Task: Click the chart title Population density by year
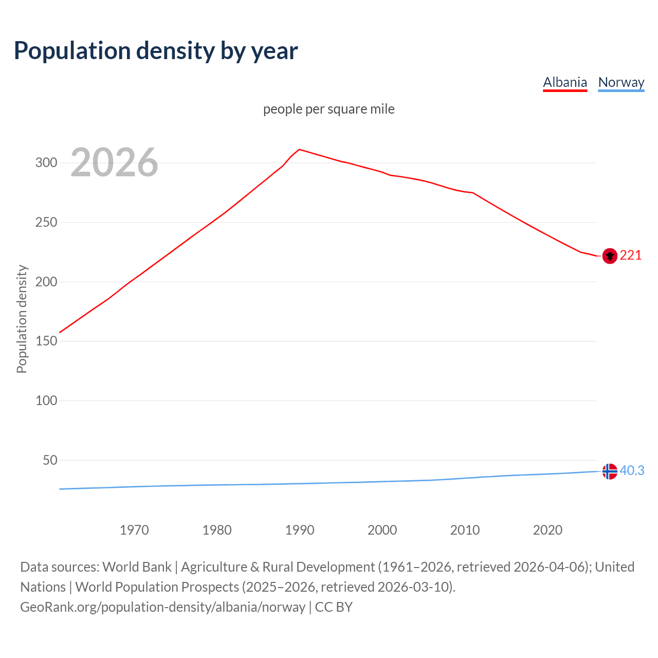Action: tap(156, 51)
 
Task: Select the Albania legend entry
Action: tap(565, 82)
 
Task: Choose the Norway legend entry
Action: tap(621, 82)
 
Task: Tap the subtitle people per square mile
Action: tap(328, 109)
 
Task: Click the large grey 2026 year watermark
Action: tap(114, 162)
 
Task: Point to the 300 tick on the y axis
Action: tap(46, 163)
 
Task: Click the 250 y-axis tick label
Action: tap(46, 223)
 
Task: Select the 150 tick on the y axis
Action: tap(46, 341)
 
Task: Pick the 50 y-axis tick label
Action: tap(49, 460)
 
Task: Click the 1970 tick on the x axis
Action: tap(134, 530)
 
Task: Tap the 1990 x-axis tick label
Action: tap(300, 530)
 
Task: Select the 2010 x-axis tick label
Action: tap(465, 530)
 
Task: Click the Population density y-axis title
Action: tap(22, 319)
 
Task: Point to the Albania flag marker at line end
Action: tap(610, 255)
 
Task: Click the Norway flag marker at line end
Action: tap(610, 471)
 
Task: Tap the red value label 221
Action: tap(631, 255)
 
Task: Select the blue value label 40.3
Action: tap(632, 471)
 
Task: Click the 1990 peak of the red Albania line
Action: tap(300, 150)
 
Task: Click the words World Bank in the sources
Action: tap(137, 567)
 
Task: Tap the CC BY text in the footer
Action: tap(334, 607)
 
